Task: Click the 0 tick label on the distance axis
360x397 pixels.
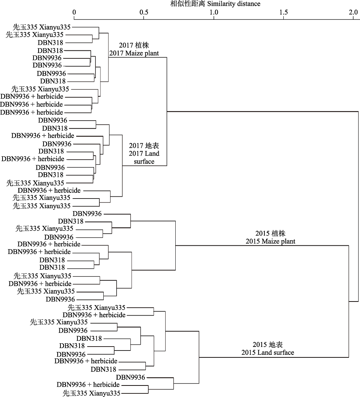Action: pos(74,12)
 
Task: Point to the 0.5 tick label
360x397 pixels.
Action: pos(144,12)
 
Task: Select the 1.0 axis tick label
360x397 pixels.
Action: pos(214,12)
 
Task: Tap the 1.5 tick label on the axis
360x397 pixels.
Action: pos(284,12)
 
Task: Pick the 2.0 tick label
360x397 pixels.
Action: pos(354,12)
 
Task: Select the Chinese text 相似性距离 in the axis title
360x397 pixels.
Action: pos(188,4)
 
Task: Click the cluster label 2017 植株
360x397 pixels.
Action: pos(134,45)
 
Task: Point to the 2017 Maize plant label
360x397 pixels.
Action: pos(134,53)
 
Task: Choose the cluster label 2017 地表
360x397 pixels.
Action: pos(144,146)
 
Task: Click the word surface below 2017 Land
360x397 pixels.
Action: pos(144,161)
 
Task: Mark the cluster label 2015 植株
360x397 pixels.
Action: pos(270,233)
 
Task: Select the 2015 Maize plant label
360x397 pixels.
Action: pos(270,241)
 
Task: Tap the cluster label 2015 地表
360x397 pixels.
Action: pos(267,345)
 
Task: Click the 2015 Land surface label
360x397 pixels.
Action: pos(267,352)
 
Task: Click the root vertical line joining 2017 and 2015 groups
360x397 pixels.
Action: pos(358,206)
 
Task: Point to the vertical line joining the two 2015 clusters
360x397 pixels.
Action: pos(348,301)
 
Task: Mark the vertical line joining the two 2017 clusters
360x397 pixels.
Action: pos(167,111)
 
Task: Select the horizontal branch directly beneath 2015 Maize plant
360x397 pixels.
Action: pos(262,245)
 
